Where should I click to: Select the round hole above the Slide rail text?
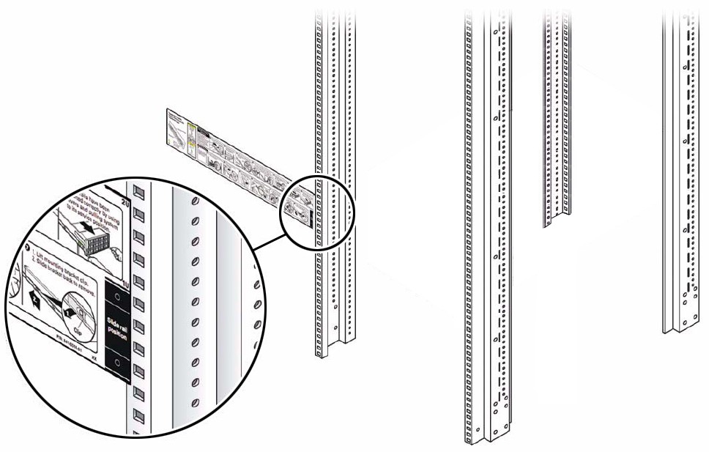coord(117,299)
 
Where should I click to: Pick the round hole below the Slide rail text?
coord(117,361)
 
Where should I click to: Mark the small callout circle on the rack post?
coord(321,212)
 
